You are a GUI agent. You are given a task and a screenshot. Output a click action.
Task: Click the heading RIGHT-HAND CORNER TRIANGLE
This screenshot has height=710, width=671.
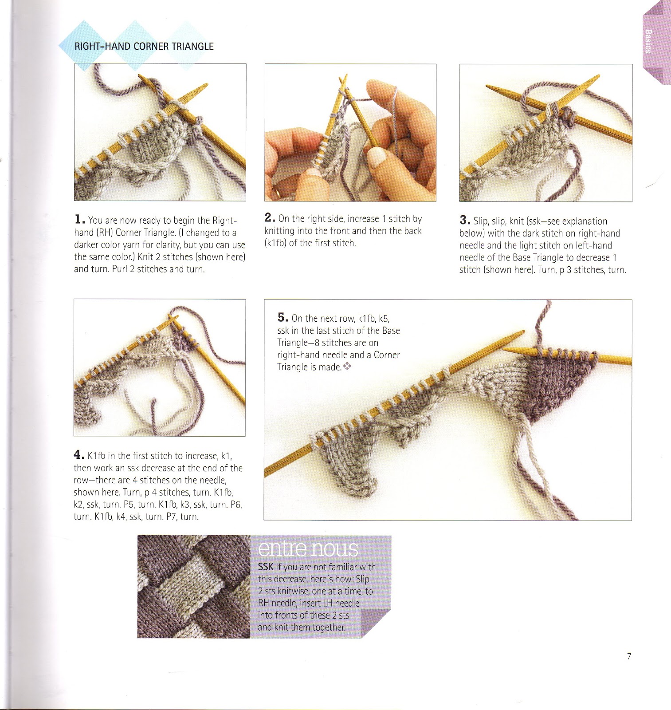[x=144, y=46]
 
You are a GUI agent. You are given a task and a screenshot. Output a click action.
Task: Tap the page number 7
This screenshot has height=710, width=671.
[x=629, y=656]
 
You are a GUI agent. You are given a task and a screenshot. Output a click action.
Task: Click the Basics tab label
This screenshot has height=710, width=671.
[x=648, y=41]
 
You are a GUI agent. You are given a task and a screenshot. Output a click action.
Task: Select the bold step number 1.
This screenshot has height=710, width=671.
[x=79, y=219]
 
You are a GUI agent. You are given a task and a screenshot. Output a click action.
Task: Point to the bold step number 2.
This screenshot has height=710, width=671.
[x=270, y=217]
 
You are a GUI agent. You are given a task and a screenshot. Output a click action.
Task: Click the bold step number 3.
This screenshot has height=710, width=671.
[x=464, y=220]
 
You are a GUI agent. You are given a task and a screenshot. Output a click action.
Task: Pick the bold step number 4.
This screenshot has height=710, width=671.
[x=78, y=455]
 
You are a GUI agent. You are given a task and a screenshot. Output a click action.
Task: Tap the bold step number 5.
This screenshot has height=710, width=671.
[x=283, y=317]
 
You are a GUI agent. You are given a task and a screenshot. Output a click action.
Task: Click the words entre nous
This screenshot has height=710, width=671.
[x=308, y=549]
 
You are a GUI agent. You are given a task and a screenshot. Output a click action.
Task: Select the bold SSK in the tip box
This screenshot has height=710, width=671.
[x=266, y=567]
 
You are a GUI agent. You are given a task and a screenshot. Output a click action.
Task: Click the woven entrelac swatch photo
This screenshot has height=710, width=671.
[x=193, y=587]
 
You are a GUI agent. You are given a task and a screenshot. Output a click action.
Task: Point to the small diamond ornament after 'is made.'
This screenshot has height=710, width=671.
[x=348, y=367]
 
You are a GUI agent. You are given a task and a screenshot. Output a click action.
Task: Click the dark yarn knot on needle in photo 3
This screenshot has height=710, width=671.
[x=569, y=118]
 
